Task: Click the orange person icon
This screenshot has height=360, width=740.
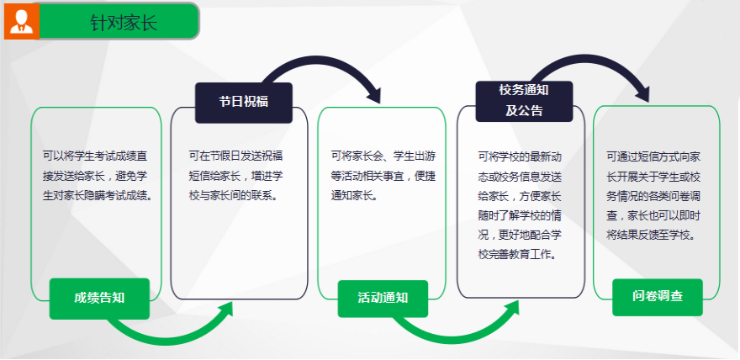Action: pyautogui.click(x=21, y=21)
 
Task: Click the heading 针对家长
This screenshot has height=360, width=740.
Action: pyautogui.click(x=124, y=22)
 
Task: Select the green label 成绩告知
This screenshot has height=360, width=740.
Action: pyautogui.click(x=99, y=299)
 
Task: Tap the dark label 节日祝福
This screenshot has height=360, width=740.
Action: pyautogui.click(x=244, y=103)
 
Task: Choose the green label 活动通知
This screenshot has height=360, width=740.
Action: pyautogui.click(x=383, y=299)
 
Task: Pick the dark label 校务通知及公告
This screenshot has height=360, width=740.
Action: pyautogui.click(x=524, y=101)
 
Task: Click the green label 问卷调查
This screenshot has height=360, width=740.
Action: pyautogui.click(x=658, y=297)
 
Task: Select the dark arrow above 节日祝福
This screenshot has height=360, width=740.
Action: pyautogui.click(x=321, y=59)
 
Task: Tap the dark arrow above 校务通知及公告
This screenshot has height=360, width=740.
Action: pyautogui.click(x=590, y=57)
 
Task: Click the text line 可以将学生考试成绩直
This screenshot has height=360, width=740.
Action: pyautogui.click(x=98, y=156)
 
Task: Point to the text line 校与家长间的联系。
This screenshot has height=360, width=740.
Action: pyautogui.click(x=233, y=196)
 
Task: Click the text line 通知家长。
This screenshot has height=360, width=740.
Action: pyautogui.click(x=354, y=196)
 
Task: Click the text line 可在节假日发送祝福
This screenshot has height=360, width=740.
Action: pyautogui.click(x=235, y=156)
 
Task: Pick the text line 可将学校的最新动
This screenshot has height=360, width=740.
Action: pyautogui.click(x=520, y=156)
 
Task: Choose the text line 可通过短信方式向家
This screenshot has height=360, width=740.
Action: pyautogui.click(x=653, y=156)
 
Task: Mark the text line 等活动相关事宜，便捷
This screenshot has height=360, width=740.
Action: pyautogui.click(x=383, y=176)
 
